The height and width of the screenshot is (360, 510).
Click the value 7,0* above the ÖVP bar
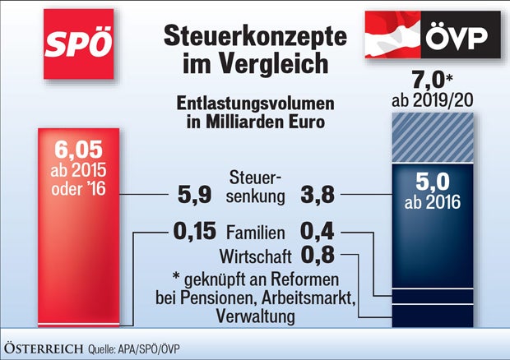[x=432, y=81]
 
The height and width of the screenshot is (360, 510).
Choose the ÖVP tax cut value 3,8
[x=320, y=196]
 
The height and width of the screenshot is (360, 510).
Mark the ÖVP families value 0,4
[x=320, y=232]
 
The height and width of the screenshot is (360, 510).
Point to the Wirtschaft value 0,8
[x=320, y=254]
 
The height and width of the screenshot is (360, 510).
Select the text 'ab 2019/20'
[x=432, y=100]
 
